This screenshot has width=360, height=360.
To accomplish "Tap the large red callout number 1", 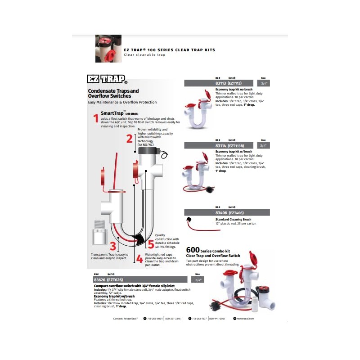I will [x=95, y=118].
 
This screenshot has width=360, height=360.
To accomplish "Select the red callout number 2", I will [x=129, y=138].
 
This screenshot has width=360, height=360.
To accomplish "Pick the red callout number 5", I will [x=151, y=244].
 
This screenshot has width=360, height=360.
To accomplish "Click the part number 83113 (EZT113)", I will [x=227, y=83].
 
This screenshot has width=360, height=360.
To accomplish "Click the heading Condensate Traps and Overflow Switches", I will [x=110, y=94].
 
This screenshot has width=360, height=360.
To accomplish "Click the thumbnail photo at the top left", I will [x=108, y=49].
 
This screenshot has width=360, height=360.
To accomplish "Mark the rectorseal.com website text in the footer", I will [x=245, y=318].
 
